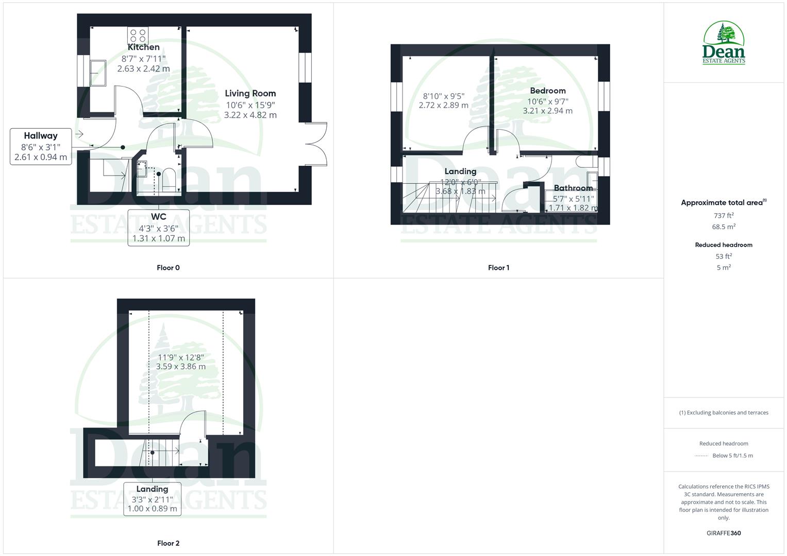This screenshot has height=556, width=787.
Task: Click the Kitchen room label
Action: coord(144,47)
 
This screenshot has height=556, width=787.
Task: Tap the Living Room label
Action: coord(250,93)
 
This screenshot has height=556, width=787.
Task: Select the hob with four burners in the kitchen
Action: coord(138,35)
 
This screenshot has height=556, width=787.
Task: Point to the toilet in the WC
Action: coord(169,179)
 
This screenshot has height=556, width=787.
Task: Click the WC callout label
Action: coord(158,217)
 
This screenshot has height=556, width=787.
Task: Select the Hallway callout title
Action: coord(41,136)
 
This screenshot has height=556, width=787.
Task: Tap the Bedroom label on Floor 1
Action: coord(547,91)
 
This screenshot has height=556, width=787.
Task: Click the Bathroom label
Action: coord(573,188)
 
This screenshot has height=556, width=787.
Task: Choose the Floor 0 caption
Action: coord(168,268)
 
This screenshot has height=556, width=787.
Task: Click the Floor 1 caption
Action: coord(498,268)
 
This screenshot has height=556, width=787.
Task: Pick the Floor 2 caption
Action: coord(168,543)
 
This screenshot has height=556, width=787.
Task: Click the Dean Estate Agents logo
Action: coord(724,43)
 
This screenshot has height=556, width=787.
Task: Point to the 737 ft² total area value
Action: coord(724,216)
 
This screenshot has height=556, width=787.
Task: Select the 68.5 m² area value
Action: coord(724,227)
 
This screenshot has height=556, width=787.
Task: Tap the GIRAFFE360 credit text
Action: coord(724,533)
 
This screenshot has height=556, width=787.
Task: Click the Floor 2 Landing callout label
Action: coord(152,489)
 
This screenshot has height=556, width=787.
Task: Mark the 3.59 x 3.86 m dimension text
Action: coord(181,367)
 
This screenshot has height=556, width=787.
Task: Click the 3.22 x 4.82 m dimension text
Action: coord(250,115)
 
